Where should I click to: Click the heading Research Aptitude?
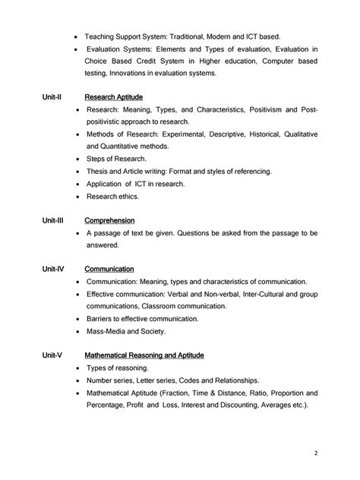(114, 97)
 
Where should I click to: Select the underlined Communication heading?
(109, 269)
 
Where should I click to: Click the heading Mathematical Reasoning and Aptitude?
(144, 355)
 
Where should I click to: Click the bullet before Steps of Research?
(79, 159)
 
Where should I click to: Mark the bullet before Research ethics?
(79, 196)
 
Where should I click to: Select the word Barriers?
(99, 319)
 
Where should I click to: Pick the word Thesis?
(96, 172)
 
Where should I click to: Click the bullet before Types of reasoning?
(79, 368)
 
